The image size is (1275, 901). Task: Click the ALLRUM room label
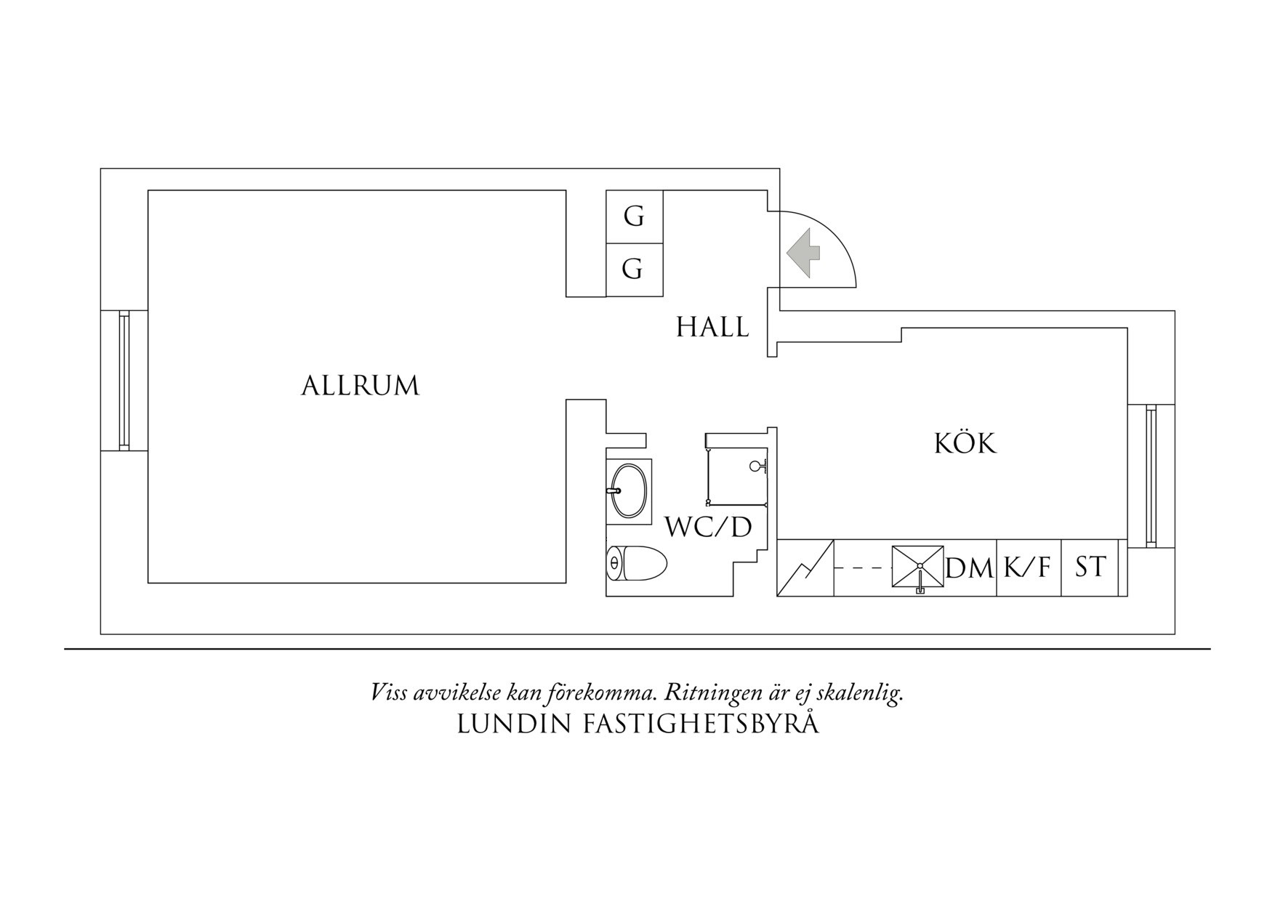point(361,386)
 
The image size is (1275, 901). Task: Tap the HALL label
point(712,328)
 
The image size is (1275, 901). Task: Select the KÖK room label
point(965,443)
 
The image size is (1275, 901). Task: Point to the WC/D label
point(708,528)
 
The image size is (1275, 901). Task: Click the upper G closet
point(634,217)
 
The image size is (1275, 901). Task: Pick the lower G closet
point(634,270)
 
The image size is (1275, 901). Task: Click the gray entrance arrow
point(803,253)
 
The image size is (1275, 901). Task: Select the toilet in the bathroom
point(636,564)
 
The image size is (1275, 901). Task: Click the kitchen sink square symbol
point(918,567)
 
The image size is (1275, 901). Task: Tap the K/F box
point(1027,567)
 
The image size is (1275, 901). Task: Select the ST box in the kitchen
point(1090,567)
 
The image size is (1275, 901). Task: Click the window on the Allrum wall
point(124,381)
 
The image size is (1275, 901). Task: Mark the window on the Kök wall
point(1151,477)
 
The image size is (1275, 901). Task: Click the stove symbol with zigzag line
point(805,567)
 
